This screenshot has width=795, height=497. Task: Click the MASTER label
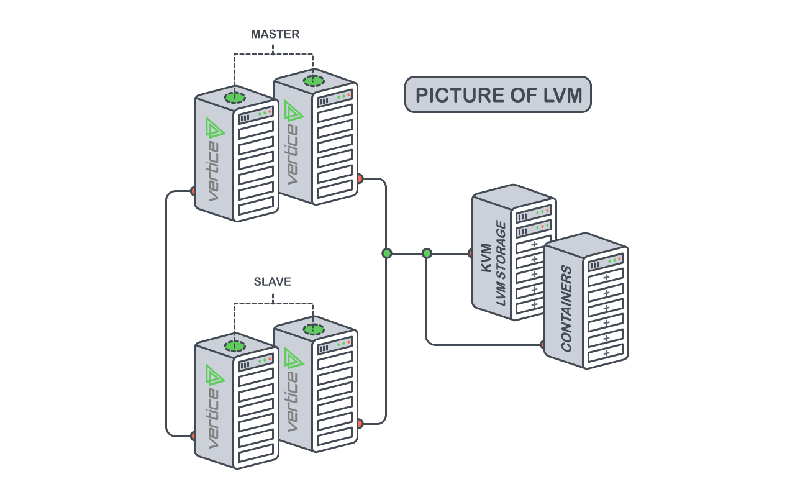coord(275,35)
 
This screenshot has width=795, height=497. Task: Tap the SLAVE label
coord(272,282)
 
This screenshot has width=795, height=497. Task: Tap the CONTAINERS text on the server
coord(566,309)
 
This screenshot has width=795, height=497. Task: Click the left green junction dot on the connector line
coord(387,253)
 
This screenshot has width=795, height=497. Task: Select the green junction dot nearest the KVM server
coord(427,253)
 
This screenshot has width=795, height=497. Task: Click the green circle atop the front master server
coord(235,97)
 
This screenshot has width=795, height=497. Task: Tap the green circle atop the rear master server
coord(314,81)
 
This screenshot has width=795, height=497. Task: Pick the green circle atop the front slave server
coord(235,346)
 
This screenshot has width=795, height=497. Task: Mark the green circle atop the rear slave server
coord(314,329)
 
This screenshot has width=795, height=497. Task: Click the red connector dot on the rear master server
coord(360,179)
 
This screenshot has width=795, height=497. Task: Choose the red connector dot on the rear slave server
coord(360,424)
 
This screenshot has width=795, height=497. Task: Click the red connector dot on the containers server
coord(543,345)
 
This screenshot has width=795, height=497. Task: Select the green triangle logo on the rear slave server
coord(293,358)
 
